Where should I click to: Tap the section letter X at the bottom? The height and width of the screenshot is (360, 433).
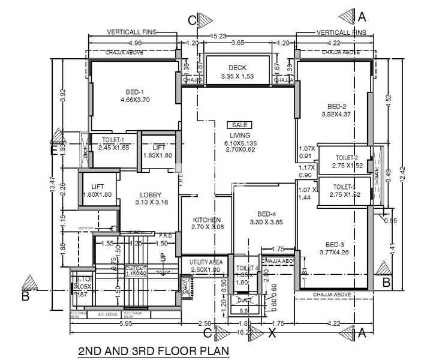(272, 330)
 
